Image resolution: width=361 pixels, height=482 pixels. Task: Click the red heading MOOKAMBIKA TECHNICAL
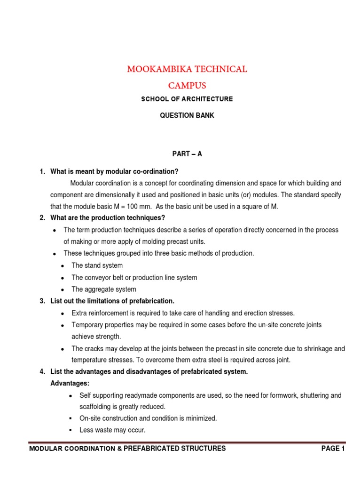tap(187, 69)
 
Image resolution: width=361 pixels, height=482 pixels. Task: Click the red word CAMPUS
tap(187, 86)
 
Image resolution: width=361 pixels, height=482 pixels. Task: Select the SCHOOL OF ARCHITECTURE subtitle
tap(187, 99)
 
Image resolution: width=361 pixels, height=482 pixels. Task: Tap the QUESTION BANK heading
tap(187, 115)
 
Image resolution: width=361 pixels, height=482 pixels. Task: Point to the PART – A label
tap(187, 154)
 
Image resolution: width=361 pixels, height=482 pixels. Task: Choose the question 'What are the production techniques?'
tap(108, 218)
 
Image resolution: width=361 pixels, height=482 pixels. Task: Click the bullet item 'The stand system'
tap(97, 265)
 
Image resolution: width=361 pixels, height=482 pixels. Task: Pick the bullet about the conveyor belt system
tap(134, 278)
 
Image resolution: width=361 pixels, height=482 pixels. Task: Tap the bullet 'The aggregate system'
tap(103, 289)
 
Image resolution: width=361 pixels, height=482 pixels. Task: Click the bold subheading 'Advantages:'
tap(70, 384)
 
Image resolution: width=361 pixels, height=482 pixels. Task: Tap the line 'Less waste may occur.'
tap(112, 430)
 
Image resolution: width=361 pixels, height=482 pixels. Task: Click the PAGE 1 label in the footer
tap(333, 449)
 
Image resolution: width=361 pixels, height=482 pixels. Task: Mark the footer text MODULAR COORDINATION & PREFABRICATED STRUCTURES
tap(127, 449)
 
